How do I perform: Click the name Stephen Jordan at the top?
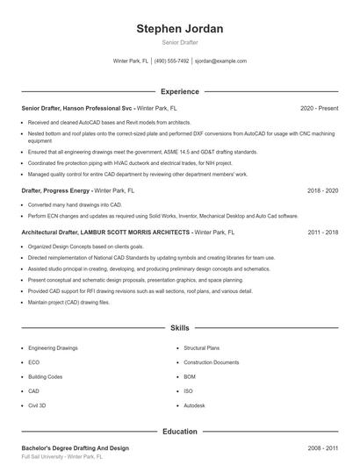click(x=180, y=29)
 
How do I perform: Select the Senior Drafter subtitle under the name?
click(x=180, y=42)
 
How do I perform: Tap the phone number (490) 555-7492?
click(x=171, y=61)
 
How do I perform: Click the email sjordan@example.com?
click(x=220, y=61)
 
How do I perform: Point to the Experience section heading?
click(x=180, y=91)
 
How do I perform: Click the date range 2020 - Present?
click(x=319, y=108)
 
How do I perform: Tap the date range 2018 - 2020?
click(x=322, y=190)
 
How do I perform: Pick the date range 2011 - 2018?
click(x=322, y=232)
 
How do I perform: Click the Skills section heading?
click(x=180, y=327)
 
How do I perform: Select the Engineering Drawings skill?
click(x=53, y=348)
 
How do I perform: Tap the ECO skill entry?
click(x=33, y=362)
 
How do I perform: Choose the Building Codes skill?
click(x=45, y=376)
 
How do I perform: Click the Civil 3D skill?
click(x=37, y=405)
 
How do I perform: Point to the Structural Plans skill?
click(x=201, y=348)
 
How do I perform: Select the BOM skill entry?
click(x=190, y=376)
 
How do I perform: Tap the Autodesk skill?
click(x=194, y=405)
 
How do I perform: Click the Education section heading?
click(x=180, y=431)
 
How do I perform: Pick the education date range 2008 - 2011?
click(x=322, y=447)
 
